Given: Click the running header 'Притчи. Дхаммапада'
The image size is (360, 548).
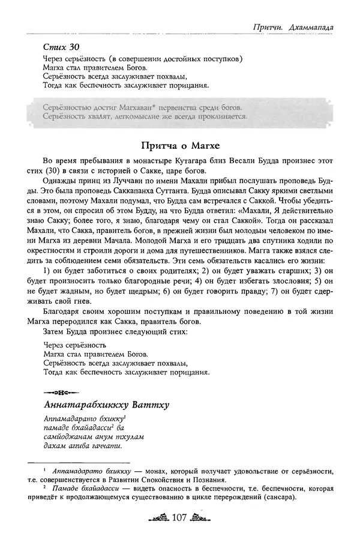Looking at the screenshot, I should click(293, 27).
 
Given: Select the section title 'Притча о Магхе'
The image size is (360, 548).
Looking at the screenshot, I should click(180, 145).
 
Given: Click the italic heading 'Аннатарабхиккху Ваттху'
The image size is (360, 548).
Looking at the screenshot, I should click(107, 405).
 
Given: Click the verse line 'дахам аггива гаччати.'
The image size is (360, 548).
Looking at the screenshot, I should click(83, 445).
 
